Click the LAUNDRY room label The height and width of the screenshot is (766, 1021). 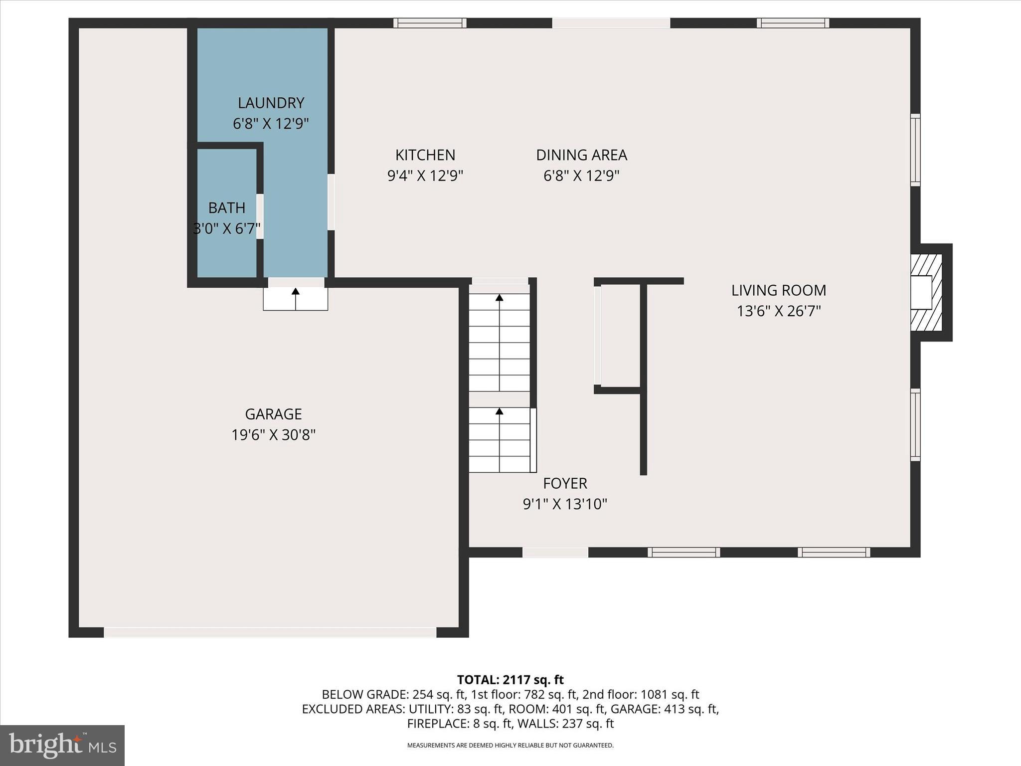271,103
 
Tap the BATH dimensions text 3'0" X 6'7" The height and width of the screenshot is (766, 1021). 227,229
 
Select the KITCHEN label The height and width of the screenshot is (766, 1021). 425,155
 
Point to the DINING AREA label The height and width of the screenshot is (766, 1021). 581,155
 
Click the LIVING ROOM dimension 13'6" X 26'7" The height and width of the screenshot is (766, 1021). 779,311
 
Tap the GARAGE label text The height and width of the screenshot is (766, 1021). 273,414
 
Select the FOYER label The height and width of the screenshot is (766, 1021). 565,483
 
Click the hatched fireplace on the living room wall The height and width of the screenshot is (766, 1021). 926,293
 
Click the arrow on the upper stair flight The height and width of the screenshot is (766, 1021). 499,298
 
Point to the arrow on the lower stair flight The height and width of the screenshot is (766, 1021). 499,411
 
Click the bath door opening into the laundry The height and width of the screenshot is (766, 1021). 260,216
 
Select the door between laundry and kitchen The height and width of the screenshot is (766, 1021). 331,202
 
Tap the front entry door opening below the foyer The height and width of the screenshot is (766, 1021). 555,552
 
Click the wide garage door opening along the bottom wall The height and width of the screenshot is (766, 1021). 270,632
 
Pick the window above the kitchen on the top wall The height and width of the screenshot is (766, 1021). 430,23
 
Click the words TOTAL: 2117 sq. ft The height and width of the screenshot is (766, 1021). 510,680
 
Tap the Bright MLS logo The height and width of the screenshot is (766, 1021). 62,745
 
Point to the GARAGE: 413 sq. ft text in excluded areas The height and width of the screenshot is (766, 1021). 664,709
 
